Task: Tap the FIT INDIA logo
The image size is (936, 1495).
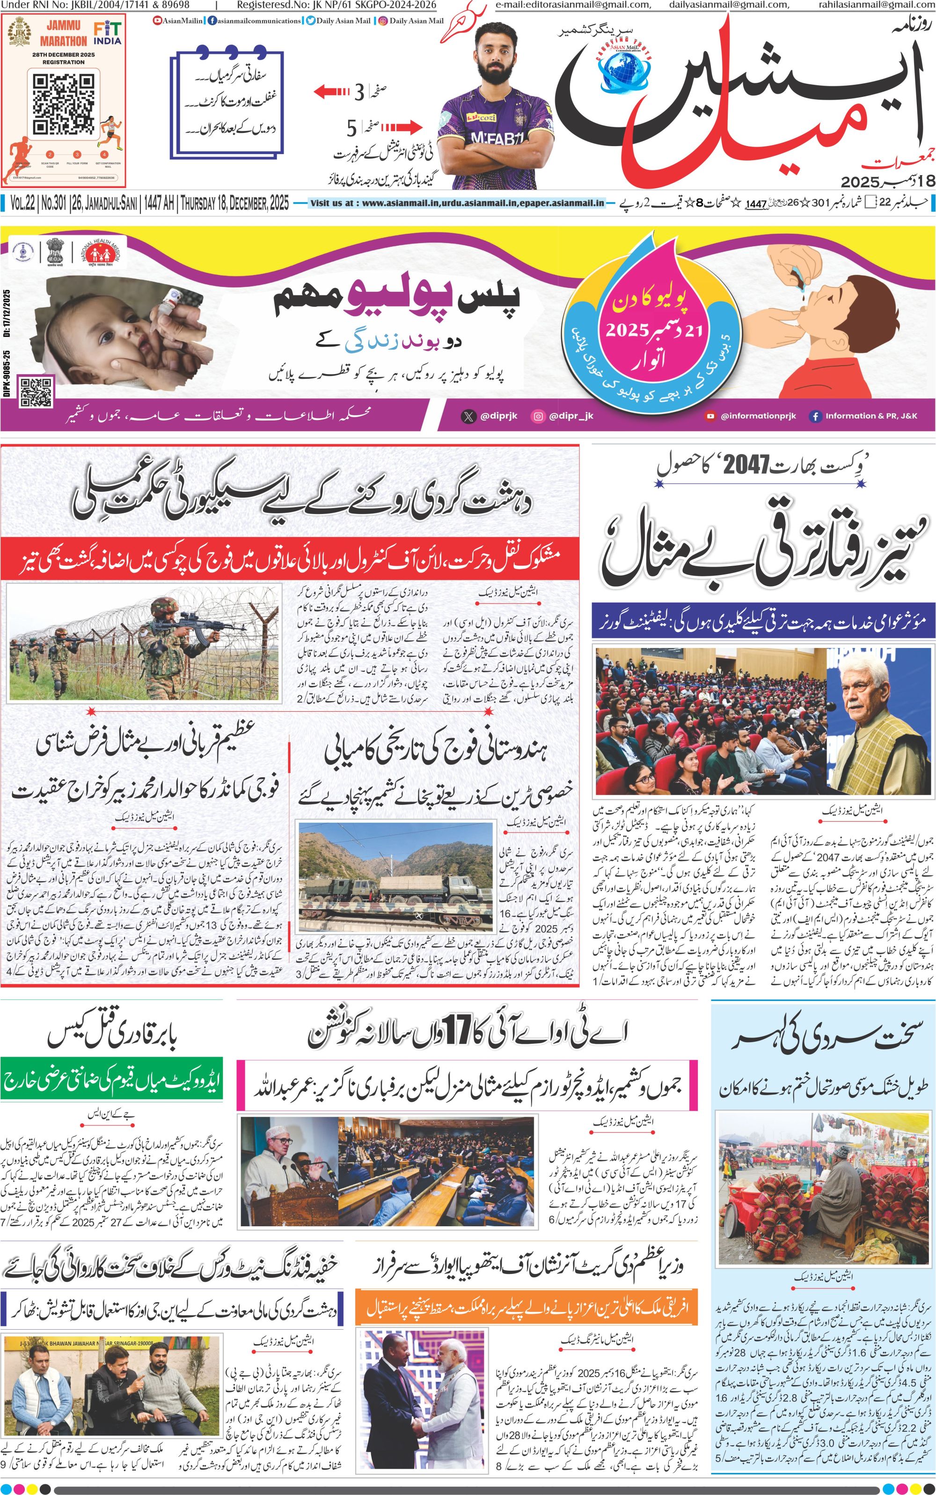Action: (x=107, y=33)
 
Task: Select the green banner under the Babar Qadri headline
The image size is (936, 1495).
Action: (x=111, y=1081)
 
